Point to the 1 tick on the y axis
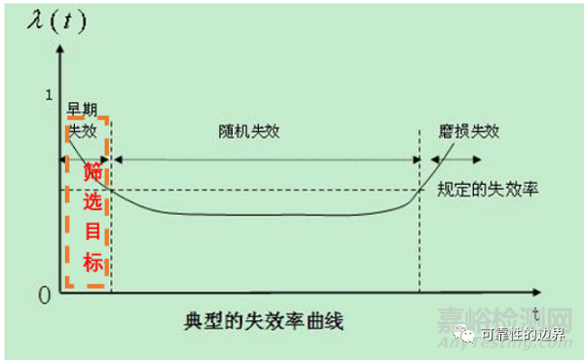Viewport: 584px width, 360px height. click(44, 94)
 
